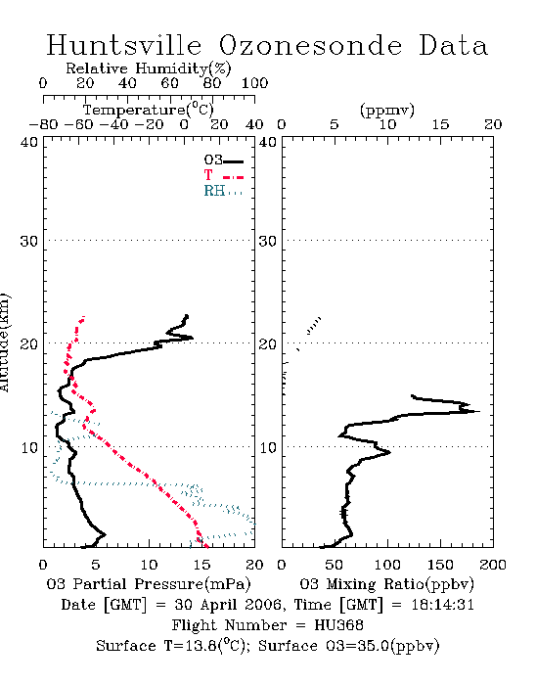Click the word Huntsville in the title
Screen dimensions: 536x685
pos(124,45)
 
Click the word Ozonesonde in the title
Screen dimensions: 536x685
pos(310,45)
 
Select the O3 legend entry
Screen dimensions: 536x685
pos(223,160)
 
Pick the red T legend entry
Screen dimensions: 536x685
pos(223,175)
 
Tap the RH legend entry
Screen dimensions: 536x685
pos(223,191)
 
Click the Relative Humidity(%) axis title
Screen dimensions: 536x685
pos(148,68)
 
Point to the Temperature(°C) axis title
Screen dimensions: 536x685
pos(149,110)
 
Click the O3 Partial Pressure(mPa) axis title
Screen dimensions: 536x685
pos(149,584)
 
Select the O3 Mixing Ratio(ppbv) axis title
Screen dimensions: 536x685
pos(386,584)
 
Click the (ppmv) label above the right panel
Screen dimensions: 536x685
pos(387,111)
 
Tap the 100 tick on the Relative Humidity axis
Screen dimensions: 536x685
pos(254,83)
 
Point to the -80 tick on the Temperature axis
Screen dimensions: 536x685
pos(44,124)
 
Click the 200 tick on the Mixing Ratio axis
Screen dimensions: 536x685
pos(493,565)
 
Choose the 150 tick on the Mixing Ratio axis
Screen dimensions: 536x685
pos(440,565)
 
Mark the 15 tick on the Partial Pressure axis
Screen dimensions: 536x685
pos(202,565)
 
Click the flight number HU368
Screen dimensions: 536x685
pos(338,625)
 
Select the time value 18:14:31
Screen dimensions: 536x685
pos(443,605)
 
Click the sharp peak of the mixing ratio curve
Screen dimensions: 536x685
pos(479,411)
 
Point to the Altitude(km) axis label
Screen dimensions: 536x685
pos(4,342)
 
